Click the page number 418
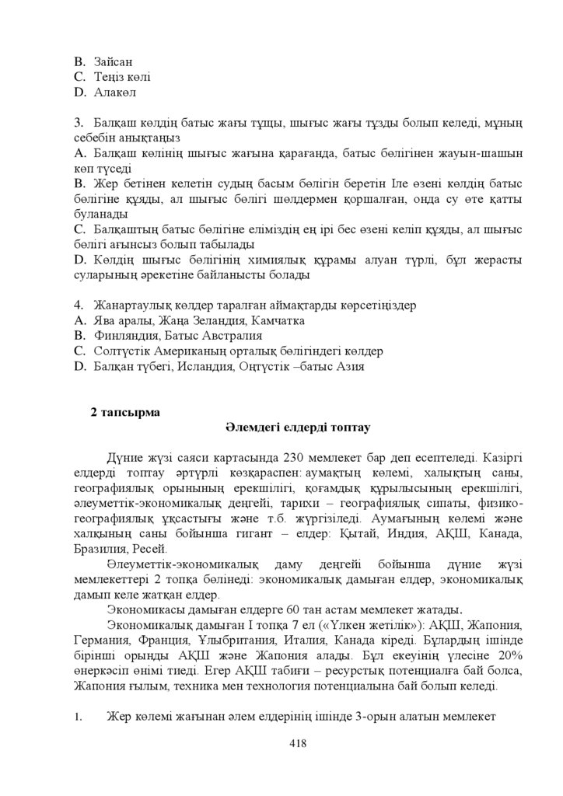pos(297,743)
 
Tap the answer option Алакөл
pos(114,93)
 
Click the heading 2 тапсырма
pos(125,413)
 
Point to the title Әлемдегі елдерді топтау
pos(298,428)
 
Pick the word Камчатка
pos(279,320)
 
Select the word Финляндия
pos(127,336)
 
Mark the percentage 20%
pos(509,655)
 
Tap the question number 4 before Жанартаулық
pos(78,305)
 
